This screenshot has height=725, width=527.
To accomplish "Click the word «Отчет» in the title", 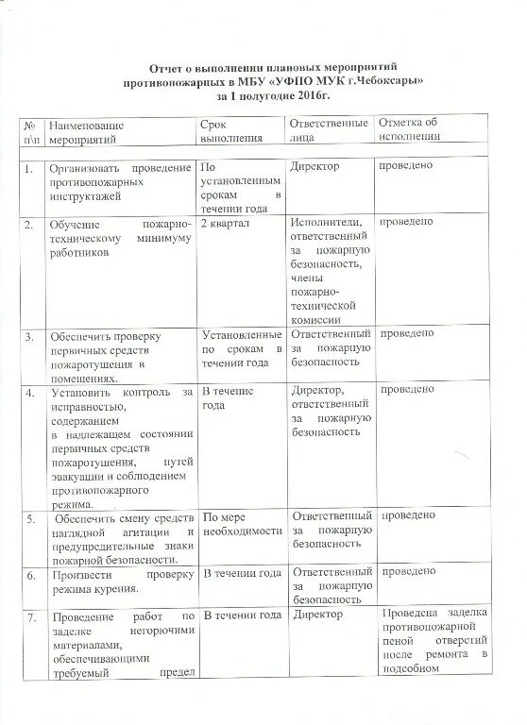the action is click(169, 69).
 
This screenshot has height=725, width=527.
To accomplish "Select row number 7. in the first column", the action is click(30, 616).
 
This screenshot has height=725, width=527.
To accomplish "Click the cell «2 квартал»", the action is click(226, 222).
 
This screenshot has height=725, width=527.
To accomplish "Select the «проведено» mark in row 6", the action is click(406, 572).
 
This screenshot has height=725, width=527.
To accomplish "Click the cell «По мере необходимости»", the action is click(242, 524).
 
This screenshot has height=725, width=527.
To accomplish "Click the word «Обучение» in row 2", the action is click(78, 223).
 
